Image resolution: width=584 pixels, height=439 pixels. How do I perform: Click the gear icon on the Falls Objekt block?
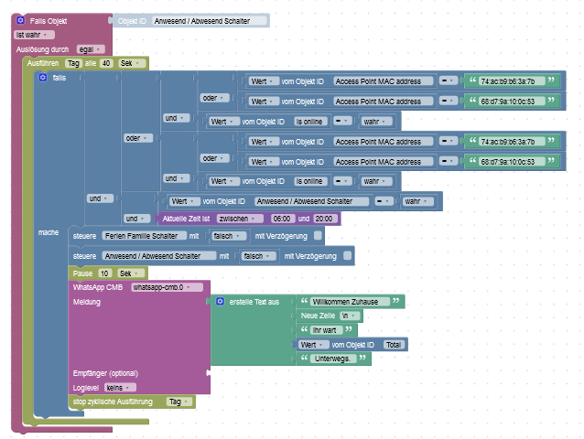pyautogui.click(x=20, y=19)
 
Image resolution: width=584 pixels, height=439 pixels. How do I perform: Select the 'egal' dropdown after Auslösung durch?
pyautogui.click(x=91, y=49)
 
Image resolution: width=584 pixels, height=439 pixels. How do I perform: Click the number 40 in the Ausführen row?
pyautogui.click(x=107, y=64)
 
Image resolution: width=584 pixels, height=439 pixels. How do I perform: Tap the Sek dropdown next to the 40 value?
pyautogui.click(x=132, y=64)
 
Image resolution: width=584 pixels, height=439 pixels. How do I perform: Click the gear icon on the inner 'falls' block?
pyautogui.click(x=42, y=78)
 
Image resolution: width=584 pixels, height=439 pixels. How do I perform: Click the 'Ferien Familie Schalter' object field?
pyautogui.click(x=141, y=236)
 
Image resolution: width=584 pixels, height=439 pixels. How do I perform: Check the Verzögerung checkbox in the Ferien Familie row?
pyautogui.click(x=318, y=236)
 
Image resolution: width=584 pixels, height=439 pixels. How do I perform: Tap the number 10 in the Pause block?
pyautogui.click(x=105, y=273)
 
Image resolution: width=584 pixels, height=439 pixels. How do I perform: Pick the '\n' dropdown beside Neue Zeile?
pyautogui.click(x=351, y=316)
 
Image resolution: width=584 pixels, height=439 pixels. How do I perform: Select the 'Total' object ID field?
pyautogui.click(x=394, y=345)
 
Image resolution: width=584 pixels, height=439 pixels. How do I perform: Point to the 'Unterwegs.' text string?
pyautogui.click(x=334, y=359)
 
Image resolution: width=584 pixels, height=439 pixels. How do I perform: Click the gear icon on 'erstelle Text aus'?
pyautogui.click(x=220, y=301)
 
